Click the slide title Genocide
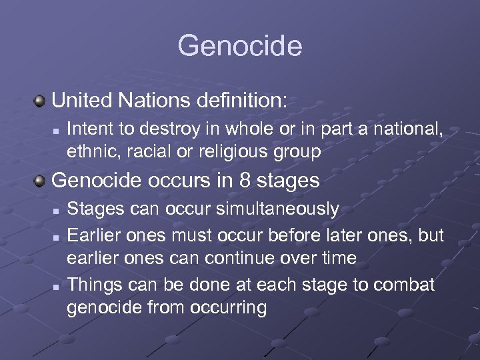tap(240, 46)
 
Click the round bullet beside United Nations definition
tap(40, 101)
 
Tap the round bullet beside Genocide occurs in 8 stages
tap(40, 181)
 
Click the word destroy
tap(158, 127)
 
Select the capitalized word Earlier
tap(95, 233)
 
